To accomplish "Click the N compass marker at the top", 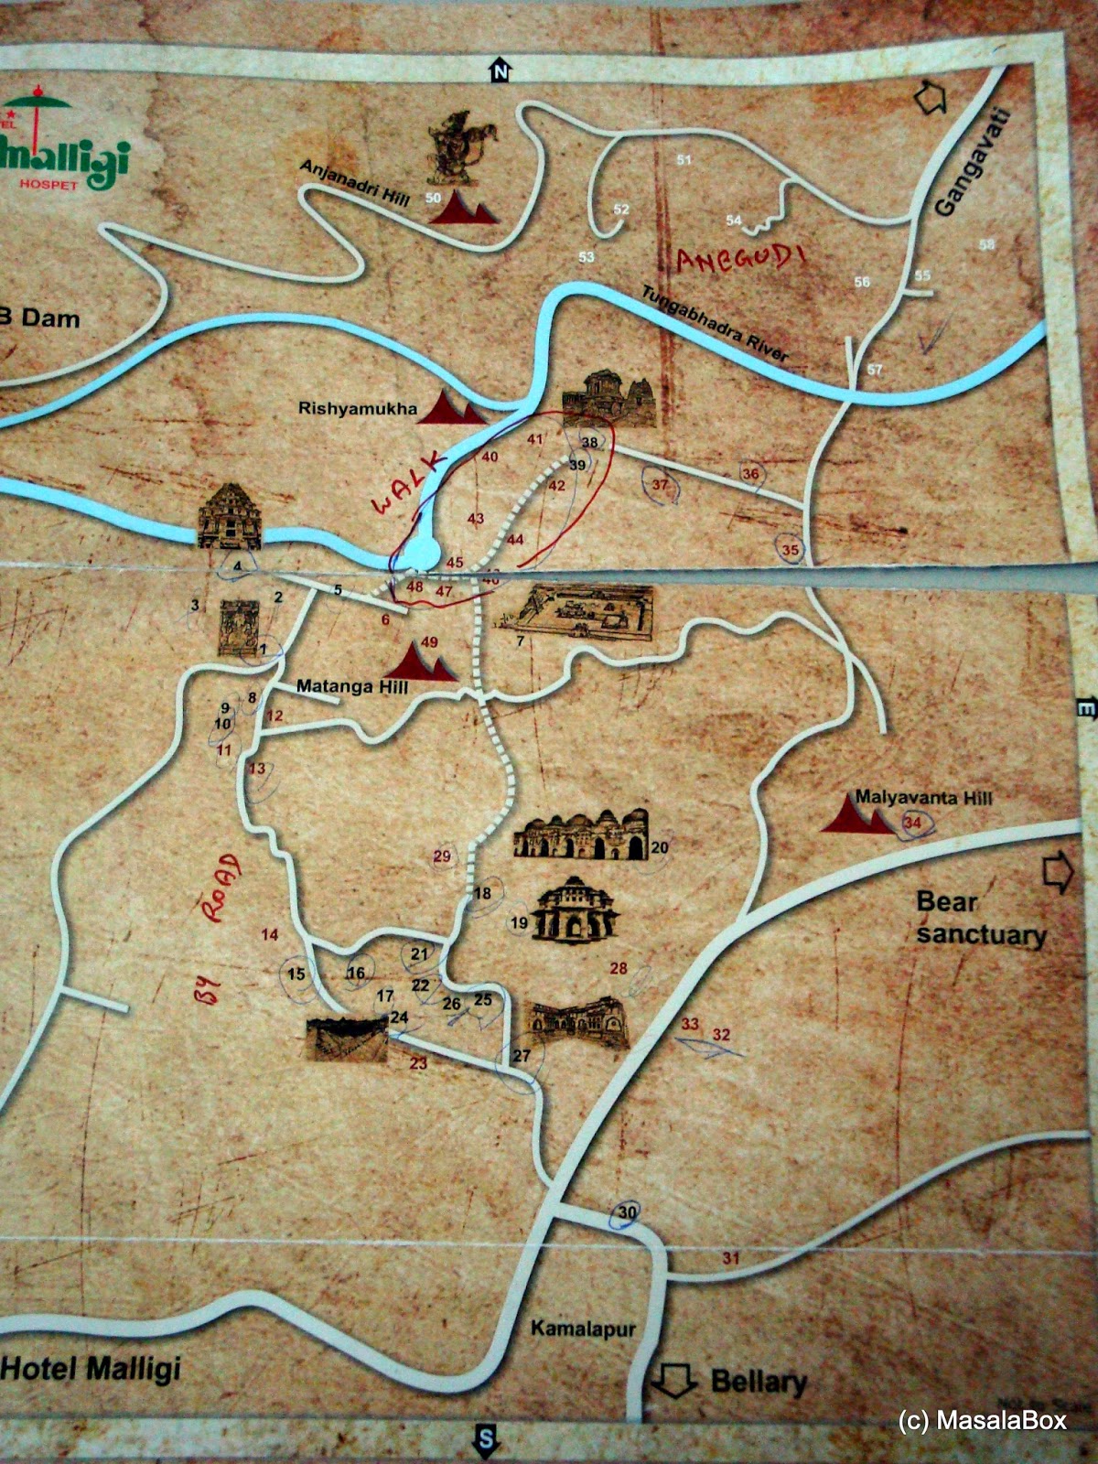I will pos(499,70).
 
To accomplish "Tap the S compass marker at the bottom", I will pos(485,1439).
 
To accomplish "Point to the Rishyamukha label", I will pos(357,409).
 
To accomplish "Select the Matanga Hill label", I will pos(352,687).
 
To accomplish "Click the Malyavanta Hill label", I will pos(923,797).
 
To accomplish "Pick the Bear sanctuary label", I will pos(980,919).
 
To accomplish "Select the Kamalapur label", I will pos(583,1329).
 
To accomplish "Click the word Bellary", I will pos(759,1381).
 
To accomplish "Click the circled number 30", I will pos(627,1213).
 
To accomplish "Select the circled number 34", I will pos(912,823).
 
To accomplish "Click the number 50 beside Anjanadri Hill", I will pos(434,198).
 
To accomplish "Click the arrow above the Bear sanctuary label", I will pos(1058,871).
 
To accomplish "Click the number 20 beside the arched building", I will pos(660,847).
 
